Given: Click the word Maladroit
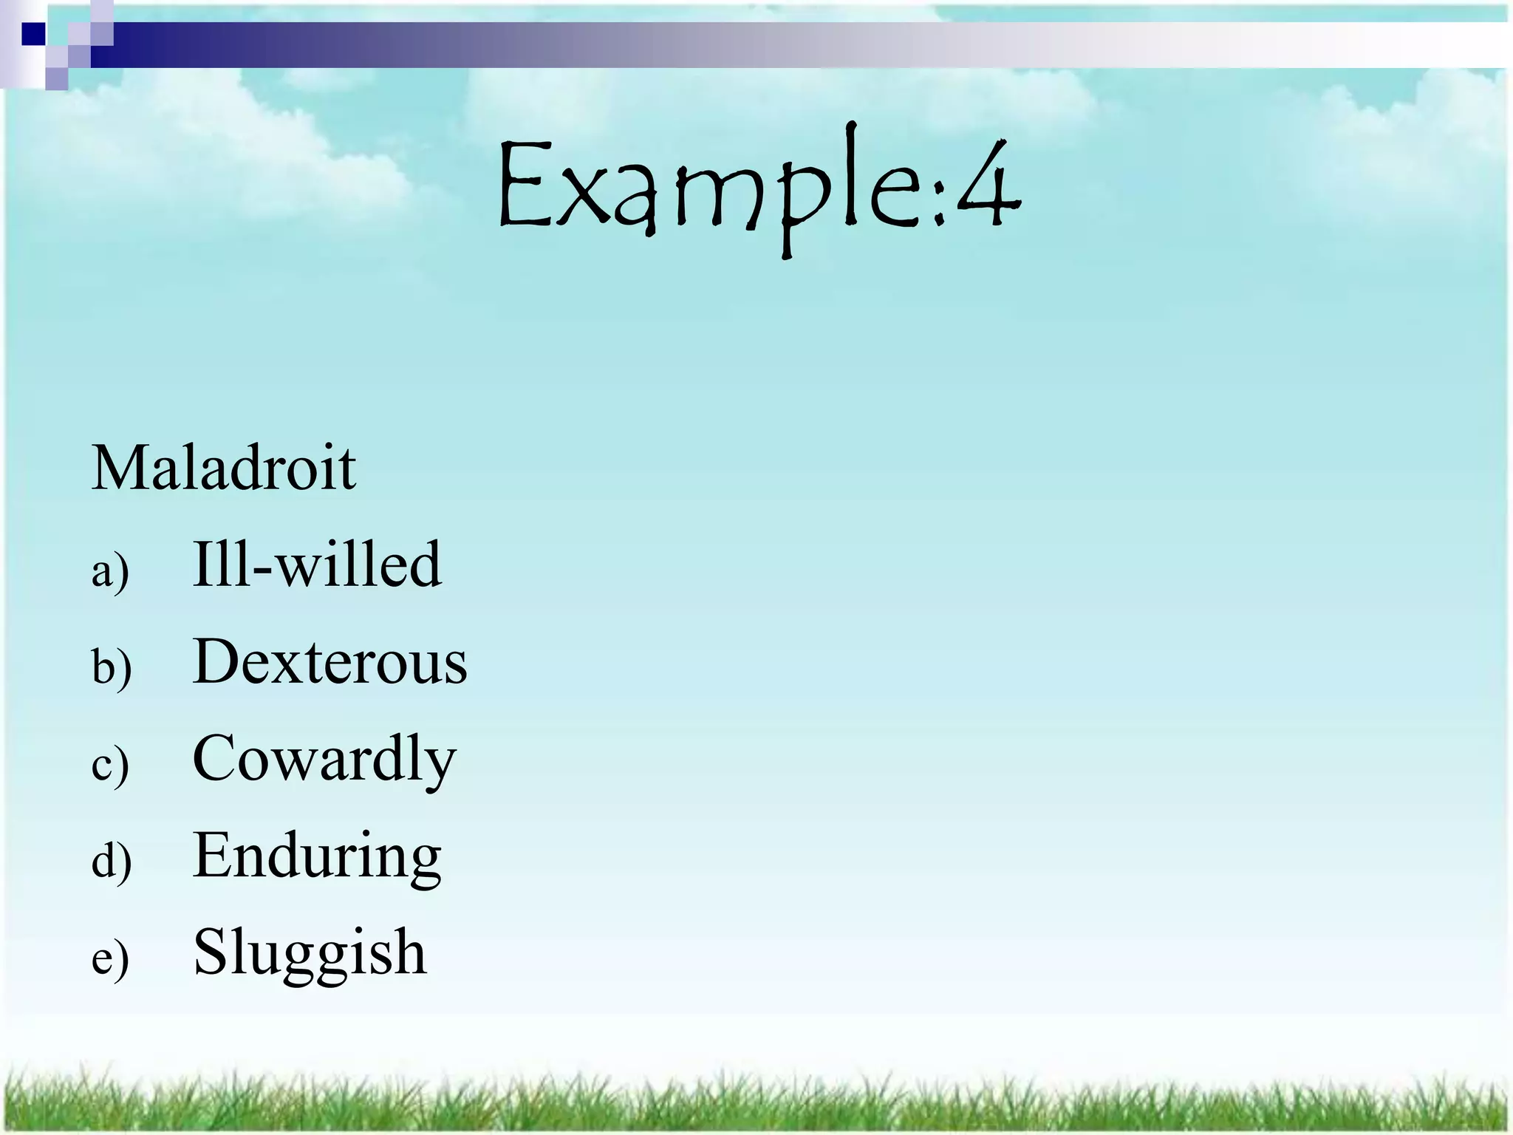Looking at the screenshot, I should point(223,468).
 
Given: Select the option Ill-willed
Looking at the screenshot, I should point(316,565).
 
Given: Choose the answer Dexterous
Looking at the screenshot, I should point(329,661).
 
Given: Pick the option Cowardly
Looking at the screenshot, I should point(324,759).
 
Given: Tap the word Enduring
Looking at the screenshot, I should point(316,856).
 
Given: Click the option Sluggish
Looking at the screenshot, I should point(310,953).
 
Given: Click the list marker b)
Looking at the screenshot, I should point(112,667).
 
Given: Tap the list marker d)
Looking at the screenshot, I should point(112,861).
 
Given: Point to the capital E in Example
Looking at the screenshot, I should point(527,185).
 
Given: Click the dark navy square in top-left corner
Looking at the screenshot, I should point(33,34).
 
